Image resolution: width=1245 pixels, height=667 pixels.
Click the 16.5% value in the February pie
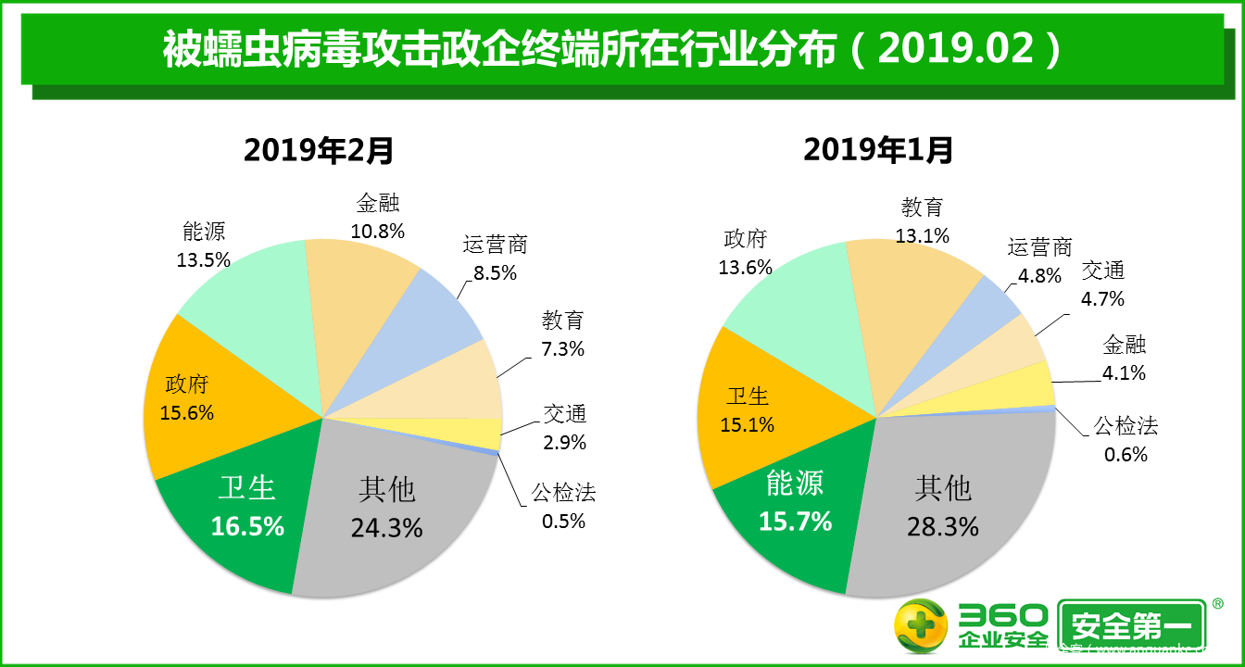coord(247,526)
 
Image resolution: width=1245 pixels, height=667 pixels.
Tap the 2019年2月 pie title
coord(319,149)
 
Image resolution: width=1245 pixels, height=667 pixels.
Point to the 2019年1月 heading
coord(878,149)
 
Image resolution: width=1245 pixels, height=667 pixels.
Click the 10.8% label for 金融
coord(378,232)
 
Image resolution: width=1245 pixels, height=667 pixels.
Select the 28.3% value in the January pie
coord(943,526)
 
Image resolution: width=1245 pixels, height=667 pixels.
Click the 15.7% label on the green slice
coord(795,522)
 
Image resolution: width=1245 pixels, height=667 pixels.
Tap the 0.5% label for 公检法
coord(563,521)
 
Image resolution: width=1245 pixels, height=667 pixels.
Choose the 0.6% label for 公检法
coord(1126,454)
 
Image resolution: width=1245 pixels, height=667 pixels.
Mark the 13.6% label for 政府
coord(745,267)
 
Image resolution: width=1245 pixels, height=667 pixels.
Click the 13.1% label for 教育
coord(923,235)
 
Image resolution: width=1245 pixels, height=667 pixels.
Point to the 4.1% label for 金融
coord(1125,373)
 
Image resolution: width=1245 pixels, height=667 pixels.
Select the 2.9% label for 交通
coord(564,442)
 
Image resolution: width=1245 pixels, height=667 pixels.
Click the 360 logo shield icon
coord(920,626)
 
